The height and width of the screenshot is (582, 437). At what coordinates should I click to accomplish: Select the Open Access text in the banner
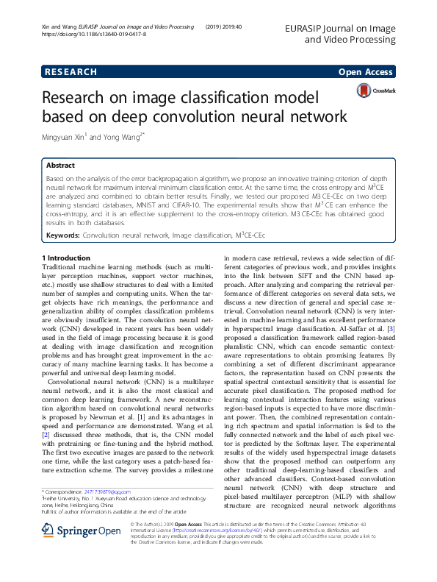pyautogui.click(x=365, y=72)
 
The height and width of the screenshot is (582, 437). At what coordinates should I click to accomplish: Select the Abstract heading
pyautogui.click(x=61, y=166)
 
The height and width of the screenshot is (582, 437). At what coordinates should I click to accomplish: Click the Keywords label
pyautogui.click(x=62, y=235)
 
